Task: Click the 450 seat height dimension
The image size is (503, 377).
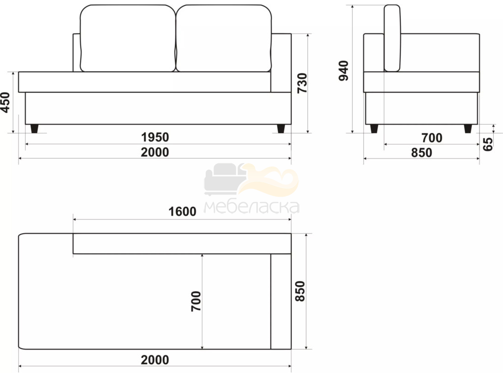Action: point(5,103)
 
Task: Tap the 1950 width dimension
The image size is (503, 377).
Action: point(155,137)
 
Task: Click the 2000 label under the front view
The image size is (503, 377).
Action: point(155,152)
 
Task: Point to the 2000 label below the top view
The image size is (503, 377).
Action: point(155,360)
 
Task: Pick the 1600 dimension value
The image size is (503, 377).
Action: point(182,212)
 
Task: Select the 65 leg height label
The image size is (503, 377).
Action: point(488,144)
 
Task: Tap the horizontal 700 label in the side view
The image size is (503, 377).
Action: point(432,138)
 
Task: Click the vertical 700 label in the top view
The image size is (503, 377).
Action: point(196,301)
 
